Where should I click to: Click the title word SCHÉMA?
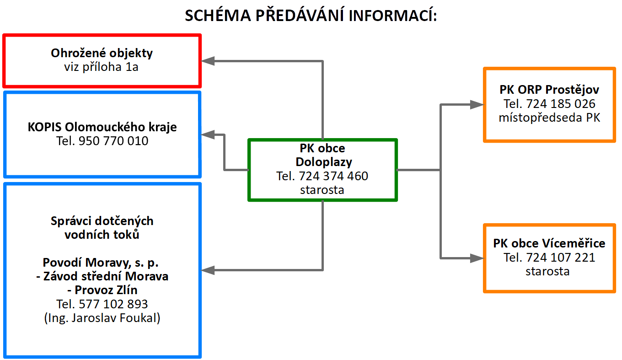[218, 15]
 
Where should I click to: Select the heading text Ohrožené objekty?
[102, 53]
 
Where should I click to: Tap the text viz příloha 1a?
[101, 67]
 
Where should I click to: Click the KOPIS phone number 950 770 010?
[113, 141]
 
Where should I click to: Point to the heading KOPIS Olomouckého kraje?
[102, 127]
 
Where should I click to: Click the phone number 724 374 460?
[333, 176]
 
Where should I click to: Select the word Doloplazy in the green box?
[324, 162]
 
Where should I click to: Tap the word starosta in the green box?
[322, 190]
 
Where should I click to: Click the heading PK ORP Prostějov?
[549, 90]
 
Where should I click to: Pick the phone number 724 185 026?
[561, 104]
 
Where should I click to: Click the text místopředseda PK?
[549, 118]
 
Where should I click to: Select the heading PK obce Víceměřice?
[549, 243]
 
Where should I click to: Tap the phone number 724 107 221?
[561, 258]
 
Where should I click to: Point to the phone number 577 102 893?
[113, 304]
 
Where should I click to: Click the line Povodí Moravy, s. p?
[101, 263]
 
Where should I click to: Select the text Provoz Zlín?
[106, 290]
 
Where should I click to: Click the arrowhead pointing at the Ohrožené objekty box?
[208, 61]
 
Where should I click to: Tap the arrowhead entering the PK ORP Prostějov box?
[477, 104]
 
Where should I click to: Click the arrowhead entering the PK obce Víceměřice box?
[477, 258]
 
